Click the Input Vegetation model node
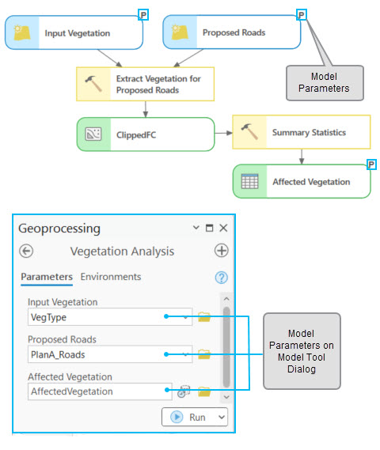click(x=75, y=33)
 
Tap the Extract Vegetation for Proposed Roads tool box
click(x=145, y=84)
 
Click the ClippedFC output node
click(x=145, y=134)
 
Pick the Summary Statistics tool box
click(x=301, y=134)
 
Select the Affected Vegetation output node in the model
click(x=301, y=182)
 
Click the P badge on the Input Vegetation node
click(x=143, y=14)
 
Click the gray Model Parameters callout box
click(x=325, y=82)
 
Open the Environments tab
click(x=111, y=277)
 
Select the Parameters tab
click(x=47, y=277)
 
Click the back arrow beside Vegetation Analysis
click(x=27, y=251)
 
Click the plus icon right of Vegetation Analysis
click(x=221, y=251)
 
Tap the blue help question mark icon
click(x=221, y=278)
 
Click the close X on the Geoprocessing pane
click(x=223, y=228)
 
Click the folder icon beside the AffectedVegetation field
click(x=204, y=391)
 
